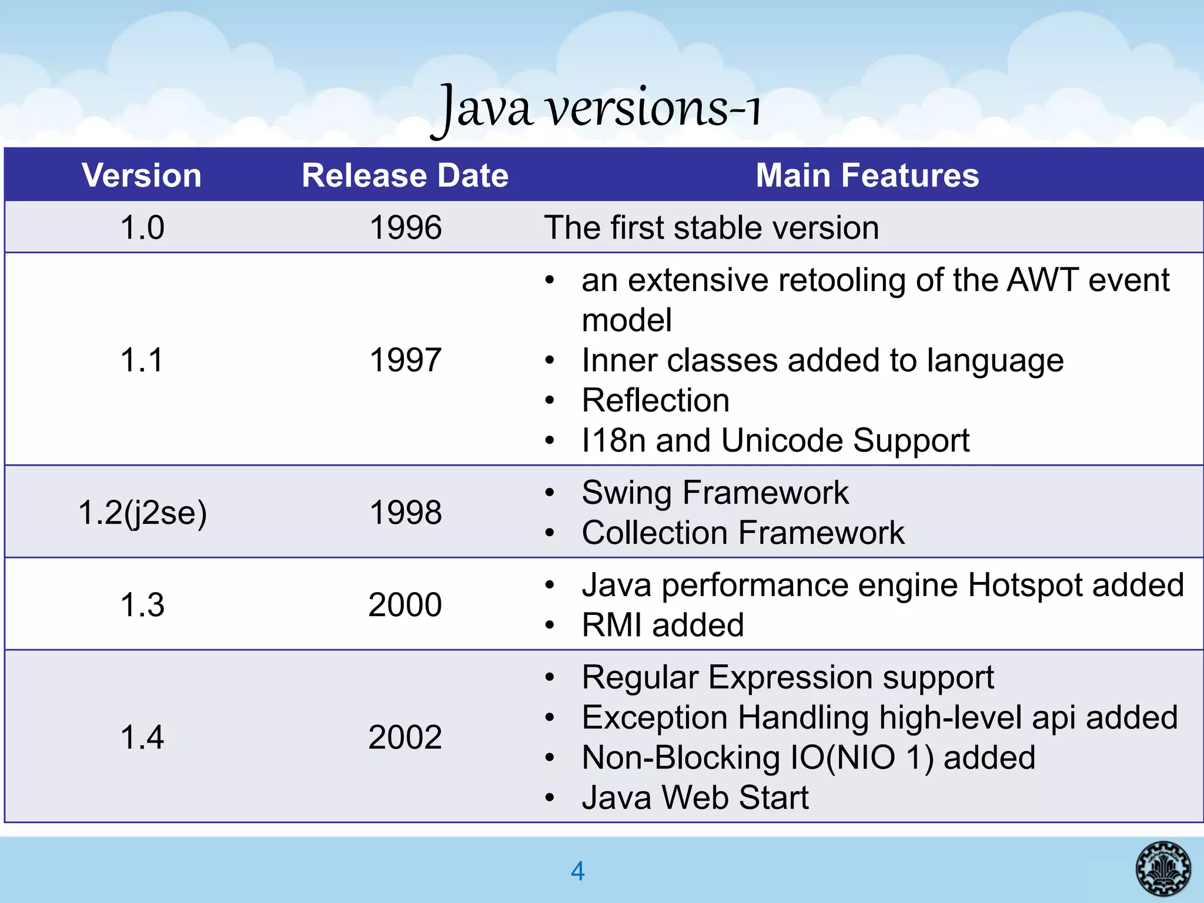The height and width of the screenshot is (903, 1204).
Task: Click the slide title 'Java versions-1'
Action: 596,109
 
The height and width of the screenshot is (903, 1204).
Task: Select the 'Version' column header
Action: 142,175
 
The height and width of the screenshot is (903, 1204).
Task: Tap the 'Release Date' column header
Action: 404,175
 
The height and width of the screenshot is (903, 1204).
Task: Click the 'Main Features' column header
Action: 867,175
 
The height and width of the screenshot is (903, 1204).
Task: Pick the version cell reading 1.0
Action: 142,228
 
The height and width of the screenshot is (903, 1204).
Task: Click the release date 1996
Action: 405,228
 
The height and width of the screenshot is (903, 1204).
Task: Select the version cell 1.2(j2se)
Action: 142,512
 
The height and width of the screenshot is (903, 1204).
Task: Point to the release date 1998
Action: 405,512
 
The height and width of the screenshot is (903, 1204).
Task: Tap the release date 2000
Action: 405,604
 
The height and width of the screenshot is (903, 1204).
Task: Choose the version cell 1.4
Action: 142,737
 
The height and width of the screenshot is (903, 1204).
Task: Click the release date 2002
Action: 405,737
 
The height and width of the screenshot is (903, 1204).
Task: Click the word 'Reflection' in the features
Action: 655,400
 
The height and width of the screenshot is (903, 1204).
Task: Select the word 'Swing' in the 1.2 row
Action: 627,493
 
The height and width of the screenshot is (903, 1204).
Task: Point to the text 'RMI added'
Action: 663,625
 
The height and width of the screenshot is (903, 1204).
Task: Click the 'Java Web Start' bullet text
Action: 695,798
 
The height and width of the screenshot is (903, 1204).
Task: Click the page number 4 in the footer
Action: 578,871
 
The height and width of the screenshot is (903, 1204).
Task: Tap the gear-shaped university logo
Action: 1163,868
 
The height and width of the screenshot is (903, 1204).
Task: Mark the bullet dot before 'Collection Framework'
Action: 549,534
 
